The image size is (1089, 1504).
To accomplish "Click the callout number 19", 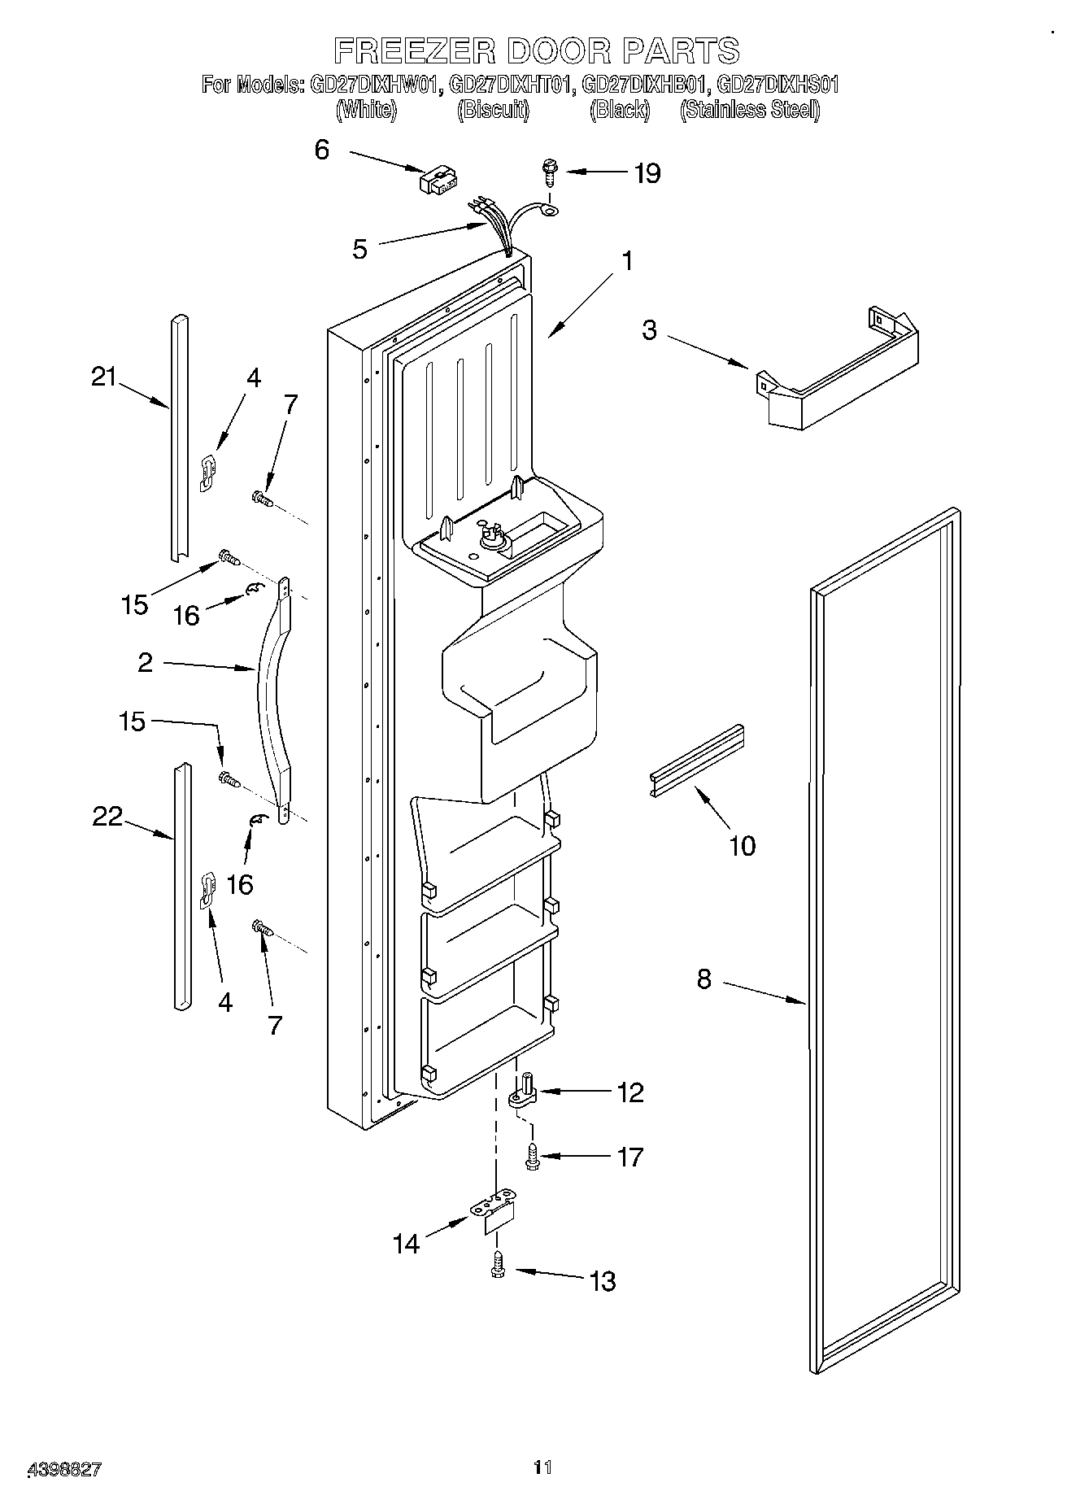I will click(x=647, y=173).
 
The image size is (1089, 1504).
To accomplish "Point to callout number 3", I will click(x=649, y=330).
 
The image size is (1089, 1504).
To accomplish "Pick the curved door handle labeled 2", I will click(x=272, y=700).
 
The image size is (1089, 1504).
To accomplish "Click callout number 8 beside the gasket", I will click(x=704, y=979).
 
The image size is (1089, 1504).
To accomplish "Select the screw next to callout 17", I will click(x=532, y=1156).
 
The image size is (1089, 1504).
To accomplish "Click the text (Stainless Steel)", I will click(x=749, y=109).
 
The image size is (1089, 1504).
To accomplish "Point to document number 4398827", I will click(x=65, y=1469).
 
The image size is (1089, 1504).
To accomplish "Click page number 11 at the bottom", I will click(x=542, y=1467).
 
